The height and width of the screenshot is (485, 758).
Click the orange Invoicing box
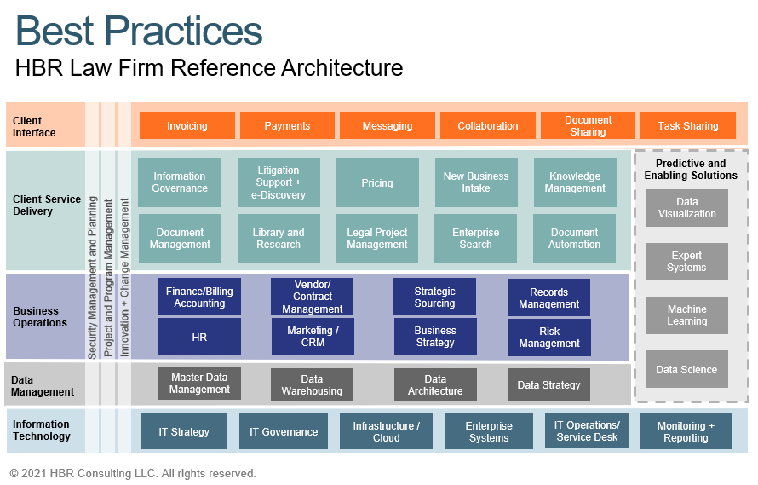coord(187,125)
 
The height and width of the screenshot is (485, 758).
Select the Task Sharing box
coord(687,125)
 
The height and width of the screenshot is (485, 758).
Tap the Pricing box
coord(376,182)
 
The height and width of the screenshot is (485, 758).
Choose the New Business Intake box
coord(476,182)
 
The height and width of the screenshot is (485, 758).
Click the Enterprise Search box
coord(476,239)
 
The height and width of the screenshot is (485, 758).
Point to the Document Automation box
coord(574,239)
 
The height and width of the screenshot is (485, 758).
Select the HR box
coord(199,337)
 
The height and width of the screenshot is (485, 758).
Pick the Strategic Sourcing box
coord(434,297)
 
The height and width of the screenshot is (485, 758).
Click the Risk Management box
coord(549,338)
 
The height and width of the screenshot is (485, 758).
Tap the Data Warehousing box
coord(312,384)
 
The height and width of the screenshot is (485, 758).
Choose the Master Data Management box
coord(199,384)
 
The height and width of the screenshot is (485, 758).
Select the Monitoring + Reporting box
coord(686,432)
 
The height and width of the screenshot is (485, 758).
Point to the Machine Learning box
coord(686,315)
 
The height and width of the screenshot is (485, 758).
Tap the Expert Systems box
coord(686,262)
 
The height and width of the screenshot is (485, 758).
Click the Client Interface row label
coord(34,126)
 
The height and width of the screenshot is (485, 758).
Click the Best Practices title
coord(139,32)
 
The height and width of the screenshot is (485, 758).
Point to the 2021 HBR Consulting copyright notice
coord(133,473)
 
